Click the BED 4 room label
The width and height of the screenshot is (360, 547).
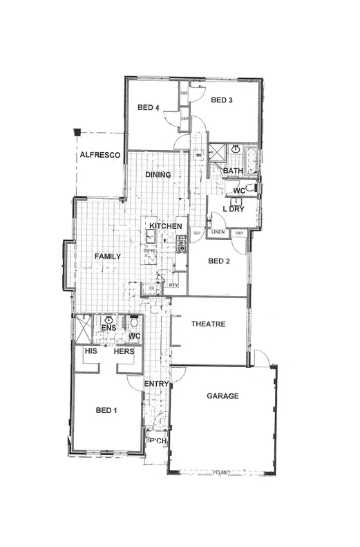(149, 107)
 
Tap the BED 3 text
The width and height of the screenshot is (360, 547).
(221, 100)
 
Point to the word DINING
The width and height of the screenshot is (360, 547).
(158, 175)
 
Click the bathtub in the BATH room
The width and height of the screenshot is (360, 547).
(250, 160)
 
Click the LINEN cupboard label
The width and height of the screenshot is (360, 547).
(217, 232)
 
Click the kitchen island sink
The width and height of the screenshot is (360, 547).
(150, 237)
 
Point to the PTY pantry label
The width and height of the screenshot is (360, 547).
(173, 284)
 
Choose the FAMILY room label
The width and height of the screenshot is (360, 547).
(108, 256)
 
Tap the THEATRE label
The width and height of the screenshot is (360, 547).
(209, 324)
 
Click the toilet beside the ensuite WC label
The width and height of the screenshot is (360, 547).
(134, 322)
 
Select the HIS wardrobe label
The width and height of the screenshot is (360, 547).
(90, 351)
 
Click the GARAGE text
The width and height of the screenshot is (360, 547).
(222, 396)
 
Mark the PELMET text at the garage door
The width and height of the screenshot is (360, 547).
(220, 471)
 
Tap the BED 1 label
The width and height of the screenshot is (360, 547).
(106, 410)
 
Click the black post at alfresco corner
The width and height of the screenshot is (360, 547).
(78, 131)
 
